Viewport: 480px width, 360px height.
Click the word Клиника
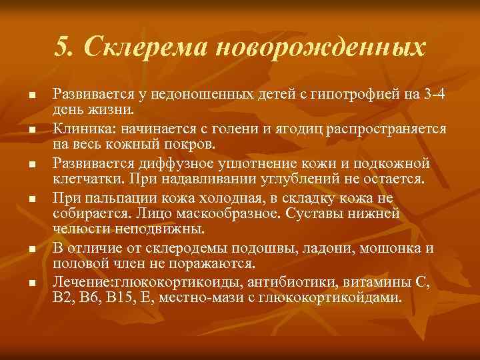pyautogui.click(x=79, y=127)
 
